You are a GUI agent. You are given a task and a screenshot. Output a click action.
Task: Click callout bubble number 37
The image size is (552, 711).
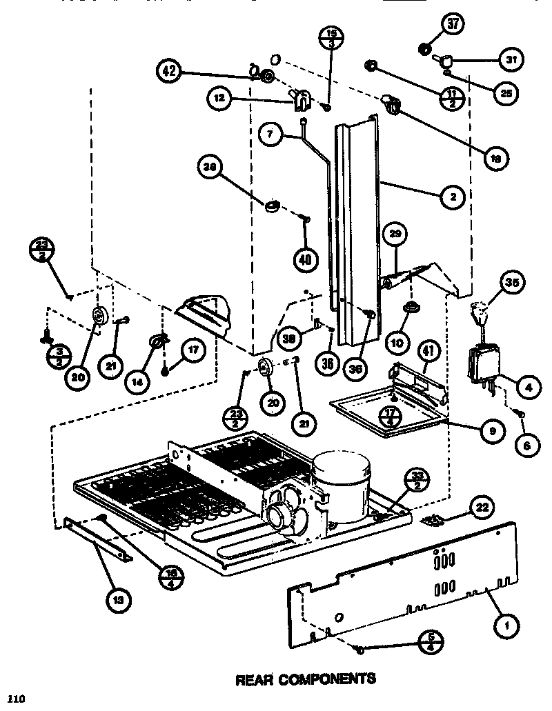[x=453, y=25]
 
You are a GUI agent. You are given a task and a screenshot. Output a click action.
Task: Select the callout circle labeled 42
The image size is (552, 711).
[x=170, y=70]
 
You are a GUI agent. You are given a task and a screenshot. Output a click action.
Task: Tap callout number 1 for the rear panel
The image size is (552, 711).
[x=507, y=626]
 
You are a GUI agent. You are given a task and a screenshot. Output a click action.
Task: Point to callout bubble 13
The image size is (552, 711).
[x=120, y=600]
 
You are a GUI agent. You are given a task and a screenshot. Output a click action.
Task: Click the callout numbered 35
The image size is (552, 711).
[x=513, y=282]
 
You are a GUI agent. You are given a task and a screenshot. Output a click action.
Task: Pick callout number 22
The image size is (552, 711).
[x=481, y=508]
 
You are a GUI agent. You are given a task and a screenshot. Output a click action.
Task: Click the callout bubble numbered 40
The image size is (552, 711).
[x=305, y=259]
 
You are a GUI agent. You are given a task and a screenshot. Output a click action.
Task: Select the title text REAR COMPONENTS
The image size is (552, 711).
[x=306, y=679]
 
